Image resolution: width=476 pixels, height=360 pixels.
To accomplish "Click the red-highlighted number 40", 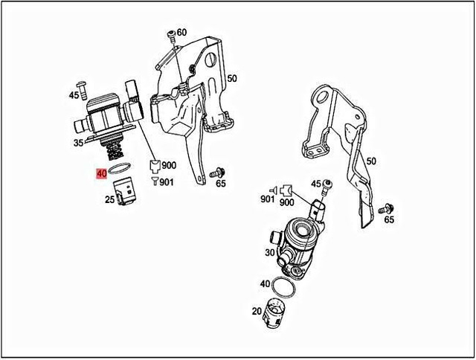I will pos(100,174).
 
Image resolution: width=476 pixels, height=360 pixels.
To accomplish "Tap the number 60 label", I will pos(182,32).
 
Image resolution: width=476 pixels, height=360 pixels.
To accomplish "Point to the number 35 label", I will pos(78,144).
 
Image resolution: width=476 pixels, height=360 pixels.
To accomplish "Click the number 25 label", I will pos(109,199).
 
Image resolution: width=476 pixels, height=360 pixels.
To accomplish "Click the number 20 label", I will pos(256,312).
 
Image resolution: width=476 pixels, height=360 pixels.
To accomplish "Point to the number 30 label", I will pos(267,252).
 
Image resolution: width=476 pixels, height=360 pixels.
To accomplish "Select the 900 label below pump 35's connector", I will pos(170,166).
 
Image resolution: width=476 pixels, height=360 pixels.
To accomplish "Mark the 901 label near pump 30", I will pos(267,199).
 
